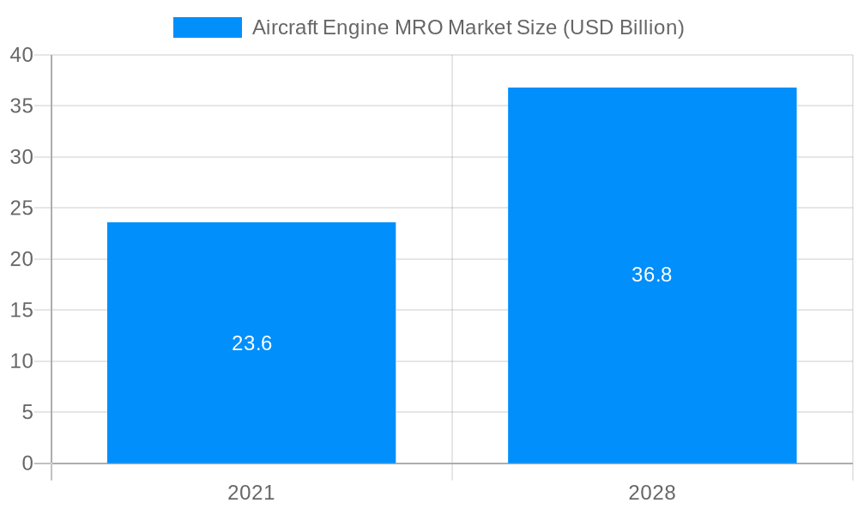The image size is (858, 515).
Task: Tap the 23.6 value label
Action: tap(251, 343)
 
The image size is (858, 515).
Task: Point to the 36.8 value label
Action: tap(652, 275)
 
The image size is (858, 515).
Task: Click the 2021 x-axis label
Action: tap(251, 493)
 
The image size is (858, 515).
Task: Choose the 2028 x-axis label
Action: tap(652, 493)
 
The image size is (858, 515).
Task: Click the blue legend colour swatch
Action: tap(208, 27)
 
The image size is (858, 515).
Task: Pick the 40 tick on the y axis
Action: tap(21, 55)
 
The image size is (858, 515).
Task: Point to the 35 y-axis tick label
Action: tap(21, 106)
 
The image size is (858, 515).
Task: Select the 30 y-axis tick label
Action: tap(21, 157)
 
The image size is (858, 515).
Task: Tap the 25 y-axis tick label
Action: tap(21, 209)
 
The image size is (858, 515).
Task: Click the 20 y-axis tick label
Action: tap(21, 259)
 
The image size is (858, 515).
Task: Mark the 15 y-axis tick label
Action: tap(21, 310)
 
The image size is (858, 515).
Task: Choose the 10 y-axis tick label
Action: tap(21, 361)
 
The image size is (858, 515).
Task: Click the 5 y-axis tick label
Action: tap(27, 412)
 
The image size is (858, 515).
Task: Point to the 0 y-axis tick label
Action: tap(27, 463)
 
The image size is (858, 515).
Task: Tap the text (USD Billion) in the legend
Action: tap(623, 27)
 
